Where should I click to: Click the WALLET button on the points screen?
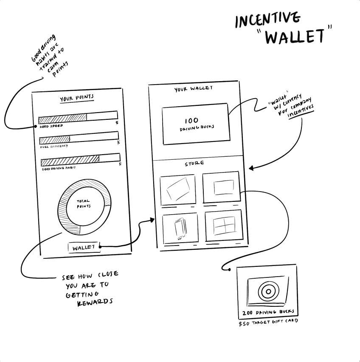click(84, 248)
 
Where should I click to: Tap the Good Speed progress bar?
click(78, 116)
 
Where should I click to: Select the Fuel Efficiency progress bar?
click(79, 137)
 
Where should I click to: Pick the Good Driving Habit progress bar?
click(80, 160)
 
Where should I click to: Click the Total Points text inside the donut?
click(83, 204)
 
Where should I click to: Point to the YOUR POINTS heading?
click(77, 99)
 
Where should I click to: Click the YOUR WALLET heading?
click(194, 89)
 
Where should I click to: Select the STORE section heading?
click(194, 164)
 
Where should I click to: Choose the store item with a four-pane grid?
click(224, 225)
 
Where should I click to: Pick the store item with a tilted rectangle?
click(178, 189)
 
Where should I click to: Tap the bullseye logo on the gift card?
click(267, 292)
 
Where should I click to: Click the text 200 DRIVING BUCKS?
click(268, 313)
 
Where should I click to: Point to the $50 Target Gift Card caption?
click(268, 322)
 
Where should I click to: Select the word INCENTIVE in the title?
click(267, 20)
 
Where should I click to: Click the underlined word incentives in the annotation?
click(301, 112)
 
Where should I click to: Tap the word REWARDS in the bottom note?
click(96, 302)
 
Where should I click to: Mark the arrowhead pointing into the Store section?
click(251, 168)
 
